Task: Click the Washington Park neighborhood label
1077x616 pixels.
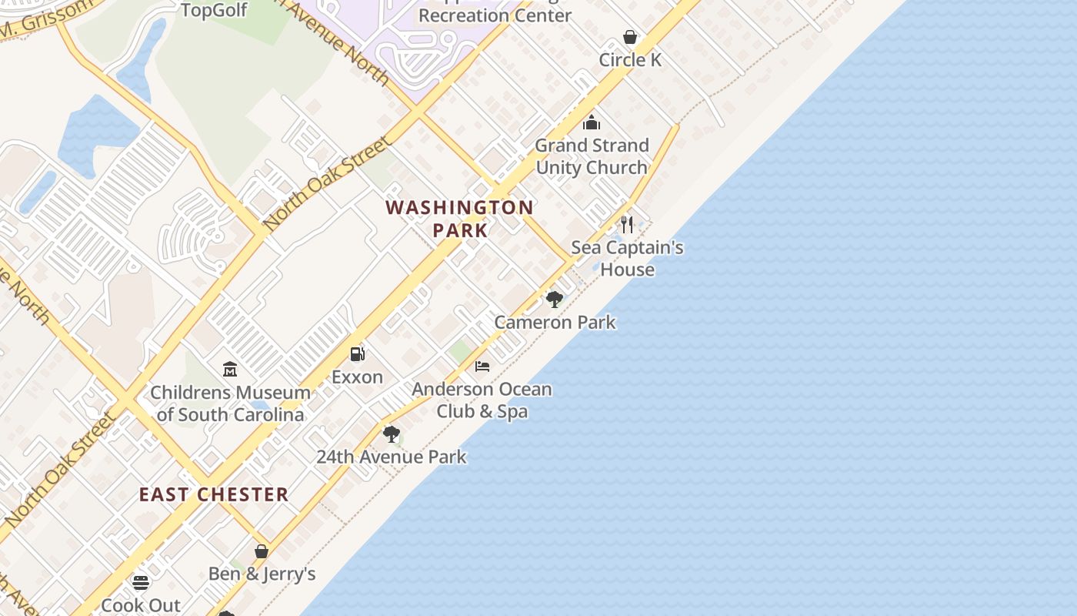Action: [460, 219]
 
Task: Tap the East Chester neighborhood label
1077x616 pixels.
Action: [214, 494]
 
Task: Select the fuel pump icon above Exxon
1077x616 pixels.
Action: [358, 354]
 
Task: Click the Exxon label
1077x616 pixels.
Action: [357, 377]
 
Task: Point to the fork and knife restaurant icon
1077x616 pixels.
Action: [627, 225]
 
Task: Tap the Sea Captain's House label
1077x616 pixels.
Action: [627, 259]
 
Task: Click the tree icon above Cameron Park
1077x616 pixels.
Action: [554, 299]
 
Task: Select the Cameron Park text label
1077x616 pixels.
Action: [555, 322]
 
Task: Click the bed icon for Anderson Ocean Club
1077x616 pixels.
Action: [482, 366]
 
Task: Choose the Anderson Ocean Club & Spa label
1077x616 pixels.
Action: [482, 400]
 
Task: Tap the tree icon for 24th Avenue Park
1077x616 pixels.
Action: [392, 434]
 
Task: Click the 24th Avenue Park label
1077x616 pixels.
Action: [392, 457]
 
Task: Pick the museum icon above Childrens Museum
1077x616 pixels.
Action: [230, 370]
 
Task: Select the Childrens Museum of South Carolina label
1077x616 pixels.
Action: [230, 403]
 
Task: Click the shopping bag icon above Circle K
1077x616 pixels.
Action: [630, 37]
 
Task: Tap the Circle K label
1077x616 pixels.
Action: [630, 60]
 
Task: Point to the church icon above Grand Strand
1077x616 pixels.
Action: [592, 122]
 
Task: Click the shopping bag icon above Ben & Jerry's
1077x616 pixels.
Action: [262, 551]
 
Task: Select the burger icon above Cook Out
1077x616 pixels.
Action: [141, 582]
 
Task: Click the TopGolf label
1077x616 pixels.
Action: [214, 10]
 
